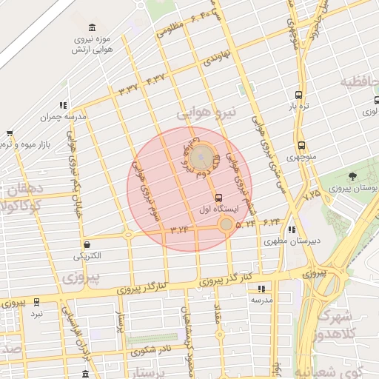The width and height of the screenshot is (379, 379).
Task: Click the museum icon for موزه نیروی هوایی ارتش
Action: coord(92,27)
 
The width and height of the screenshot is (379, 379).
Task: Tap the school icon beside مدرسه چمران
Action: coord(64,105)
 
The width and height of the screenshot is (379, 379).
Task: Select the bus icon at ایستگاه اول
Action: coord(218,198)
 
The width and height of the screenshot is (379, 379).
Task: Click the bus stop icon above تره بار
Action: coord(298,95)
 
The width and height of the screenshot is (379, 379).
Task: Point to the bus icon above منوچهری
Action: coord(301,146)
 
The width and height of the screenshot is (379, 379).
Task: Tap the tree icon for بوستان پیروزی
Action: coord(352,176)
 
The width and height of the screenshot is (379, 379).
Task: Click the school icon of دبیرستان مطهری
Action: coord(292,229)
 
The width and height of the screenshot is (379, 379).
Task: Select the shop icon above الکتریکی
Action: coord(88,244)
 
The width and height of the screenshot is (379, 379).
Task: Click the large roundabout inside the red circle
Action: coord(201,158)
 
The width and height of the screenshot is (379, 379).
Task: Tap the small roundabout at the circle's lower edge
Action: coord(226,223)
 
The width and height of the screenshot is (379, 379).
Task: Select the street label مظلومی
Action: coord(171,31)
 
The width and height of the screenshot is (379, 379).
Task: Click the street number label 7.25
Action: coord(312,194)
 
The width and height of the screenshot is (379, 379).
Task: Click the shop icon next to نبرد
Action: coord(27,312)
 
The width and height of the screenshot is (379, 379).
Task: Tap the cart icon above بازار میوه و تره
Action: coord(9,133)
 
